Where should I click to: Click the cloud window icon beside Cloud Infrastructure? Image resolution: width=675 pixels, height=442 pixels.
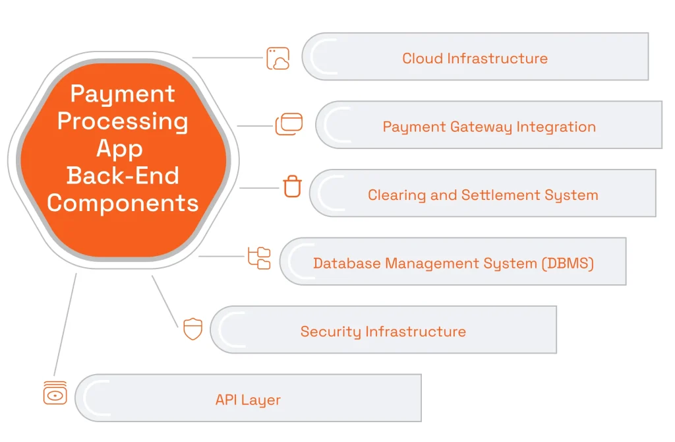(278, 58)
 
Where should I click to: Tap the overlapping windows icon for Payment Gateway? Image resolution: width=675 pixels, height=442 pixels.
(289, 124)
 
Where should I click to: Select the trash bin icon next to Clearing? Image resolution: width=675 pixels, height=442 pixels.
(292, 187)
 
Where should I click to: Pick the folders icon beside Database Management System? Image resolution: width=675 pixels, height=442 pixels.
(259, 258)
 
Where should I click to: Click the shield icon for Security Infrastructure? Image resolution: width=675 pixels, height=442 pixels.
(192, 328)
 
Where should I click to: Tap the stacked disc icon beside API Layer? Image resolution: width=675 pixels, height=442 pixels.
(55, 393)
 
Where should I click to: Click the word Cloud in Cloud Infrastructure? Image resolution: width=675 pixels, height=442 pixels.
(422, 58)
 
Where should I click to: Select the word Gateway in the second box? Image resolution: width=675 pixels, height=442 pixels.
(481, 127)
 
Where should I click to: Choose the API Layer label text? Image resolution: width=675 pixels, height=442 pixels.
(248, 400)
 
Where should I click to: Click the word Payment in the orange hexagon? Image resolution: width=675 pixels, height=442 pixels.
(123, 94)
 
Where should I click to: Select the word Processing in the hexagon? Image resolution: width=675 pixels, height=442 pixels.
(123, 121)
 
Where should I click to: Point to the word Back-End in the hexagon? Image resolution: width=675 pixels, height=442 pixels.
(123, 175)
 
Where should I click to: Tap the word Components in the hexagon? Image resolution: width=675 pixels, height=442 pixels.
(123, 203)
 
